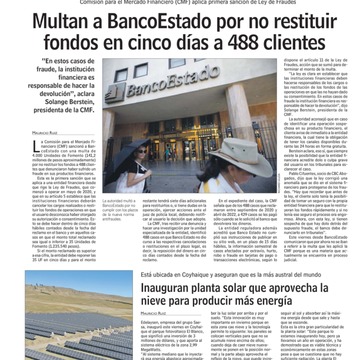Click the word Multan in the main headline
63,23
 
